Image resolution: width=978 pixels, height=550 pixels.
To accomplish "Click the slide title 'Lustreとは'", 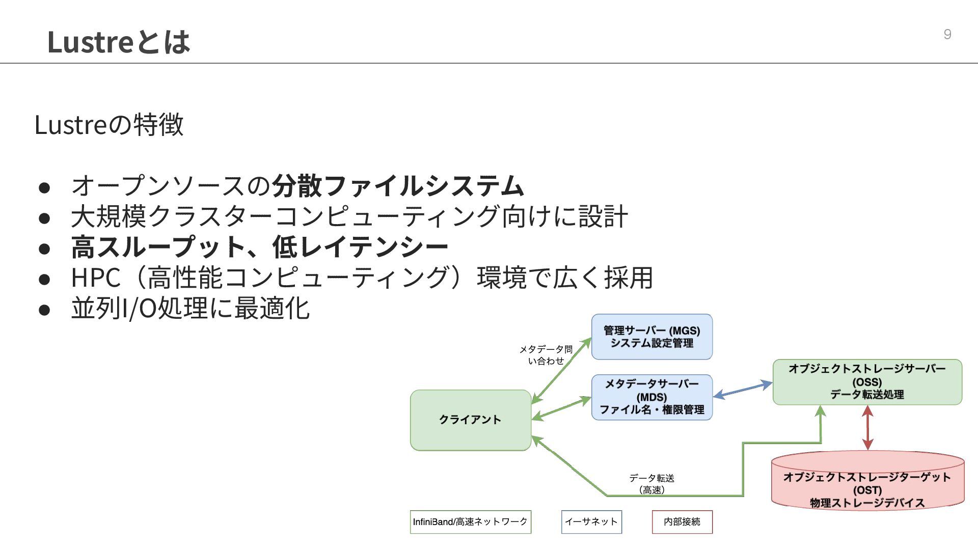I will (118, 42).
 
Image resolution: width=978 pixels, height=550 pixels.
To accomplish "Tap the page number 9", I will (947, 34).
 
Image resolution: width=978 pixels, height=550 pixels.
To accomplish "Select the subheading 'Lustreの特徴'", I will (108, 124).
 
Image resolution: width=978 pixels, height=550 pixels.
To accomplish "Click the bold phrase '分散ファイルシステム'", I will (397, 185).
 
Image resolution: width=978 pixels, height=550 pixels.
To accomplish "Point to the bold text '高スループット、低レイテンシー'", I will (259, 247).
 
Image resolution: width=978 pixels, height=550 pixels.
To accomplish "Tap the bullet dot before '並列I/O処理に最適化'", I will (44, 310).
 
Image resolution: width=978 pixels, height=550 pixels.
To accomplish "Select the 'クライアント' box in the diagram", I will (470, 420).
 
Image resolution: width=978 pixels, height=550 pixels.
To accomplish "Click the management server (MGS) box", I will (651, 337).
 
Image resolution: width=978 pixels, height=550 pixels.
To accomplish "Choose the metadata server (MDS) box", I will (651, 397).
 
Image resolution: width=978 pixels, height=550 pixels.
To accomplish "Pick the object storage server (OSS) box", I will (867, 382).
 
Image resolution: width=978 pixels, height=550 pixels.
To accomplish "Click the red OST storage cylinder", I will (867, 484).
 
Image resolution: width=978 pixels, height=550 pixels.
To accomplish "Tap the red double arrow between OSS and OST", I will (868, 428).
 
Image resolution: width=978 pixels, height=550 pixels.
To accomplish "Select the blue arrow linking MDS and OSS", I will (742, 390).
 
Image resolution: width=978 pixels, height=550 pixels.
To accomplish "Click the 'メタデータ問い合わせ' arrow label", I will (546, 355).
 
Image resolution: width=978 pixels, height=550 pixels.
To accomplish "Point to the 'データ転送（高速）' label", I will (651, 484).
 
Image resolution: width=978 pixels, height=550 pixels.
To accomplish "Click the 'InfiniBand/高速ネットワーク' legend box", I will (470, 522).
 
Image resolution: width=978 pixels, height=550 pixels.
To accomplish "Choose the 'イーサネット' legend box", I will (591, 522).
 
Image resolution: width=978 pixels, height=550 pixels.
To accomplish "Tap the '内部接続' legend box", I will (682, 522).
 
